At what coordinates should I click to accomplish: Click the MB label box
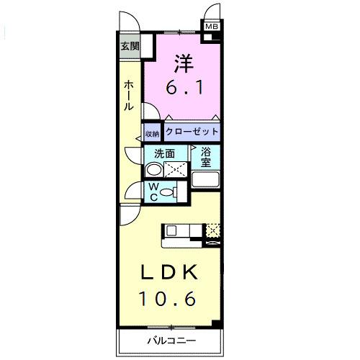point(212,27)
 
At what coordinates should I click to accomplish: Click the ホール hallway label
point(127,94)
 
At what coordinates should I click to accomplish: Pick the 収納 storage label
point(152,133)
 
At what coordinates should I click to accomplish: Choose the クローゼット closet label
point(191,132)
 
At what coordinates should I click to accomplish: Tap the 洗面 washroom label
point(166,153)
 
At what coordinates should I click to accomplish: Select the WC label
point(153,191)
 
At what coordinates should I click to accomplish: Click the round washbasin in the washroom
point(153,170)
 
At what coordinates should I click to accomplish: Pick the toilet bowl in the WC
point(167,192)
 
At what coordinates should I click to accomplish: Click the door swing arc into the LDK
point(130,214)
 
